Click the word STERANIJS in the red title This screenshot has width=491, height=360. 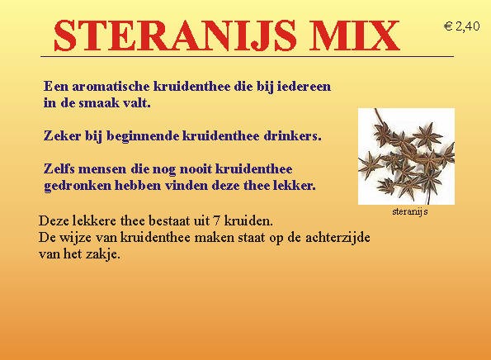click(175, 36)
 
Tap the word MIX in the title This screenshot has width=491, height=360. click(355, 36)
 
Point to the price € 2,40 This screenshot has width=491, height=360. click(461, 26)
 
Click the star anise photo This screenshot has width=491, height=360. click(406, 156)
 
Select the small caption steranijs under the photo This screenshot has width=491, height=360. click(410, 212)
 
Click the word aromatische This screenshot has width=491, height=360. click(111, 87)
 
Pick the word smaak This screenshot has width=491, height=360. click(99, 102)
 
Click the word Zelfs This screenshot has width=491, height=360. click(59, 169)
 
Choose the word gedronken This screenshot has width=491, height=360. click(78, 186)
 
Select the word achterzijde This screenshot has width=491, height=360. click(338, 238)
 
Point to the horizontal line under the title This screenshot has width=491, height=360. click(247, 57)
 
